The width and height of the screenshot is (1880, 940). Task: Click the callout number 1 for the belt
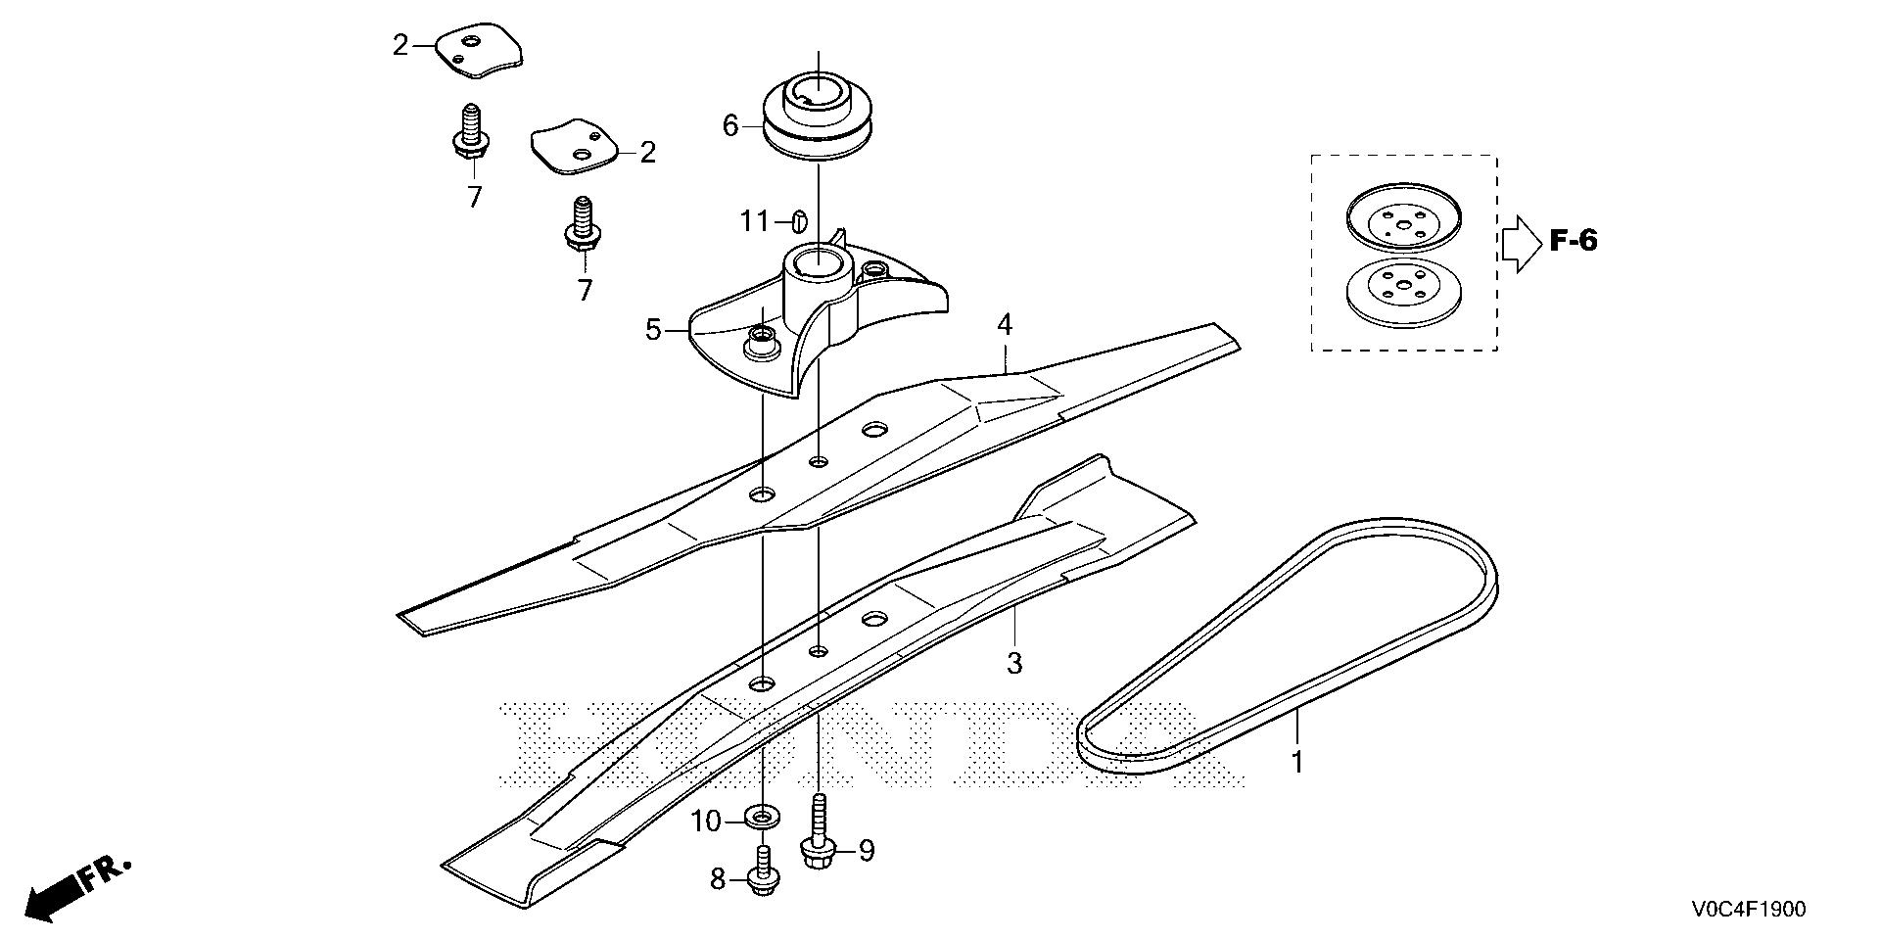click(x=1297, y=762)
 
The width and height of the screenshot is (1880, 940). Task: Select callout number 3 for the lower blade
click(x=1014, y=663)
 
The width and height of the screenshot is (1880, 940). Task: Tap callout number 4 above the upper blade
click(x=1005, y=324)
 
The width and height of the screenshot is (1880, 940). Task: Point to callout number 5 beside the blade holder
click(x=653, y=330)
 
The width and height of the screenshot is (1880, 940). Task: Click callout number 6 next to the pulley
click(x=730, y=125)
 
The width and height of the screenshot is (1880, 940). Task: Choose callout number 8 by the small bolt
click(x=719, y=880)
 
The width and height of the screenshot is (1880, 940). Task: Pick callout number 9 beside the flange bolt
click(x=866, y=851)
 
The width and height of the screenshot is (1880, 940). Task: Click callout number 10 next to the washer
click(x=706, y=822)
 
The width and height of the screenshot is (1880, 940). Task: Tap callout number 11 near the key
click(x=755, y=222)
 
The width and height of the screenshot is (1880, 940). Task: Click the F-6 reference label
click(x=1574, y=240)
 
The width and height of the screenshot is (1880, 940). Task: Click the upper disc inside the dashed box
click(x=1404, y=223)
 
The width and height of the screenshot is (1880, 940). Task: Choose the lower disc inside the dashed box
click(x=1404, y=290)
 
